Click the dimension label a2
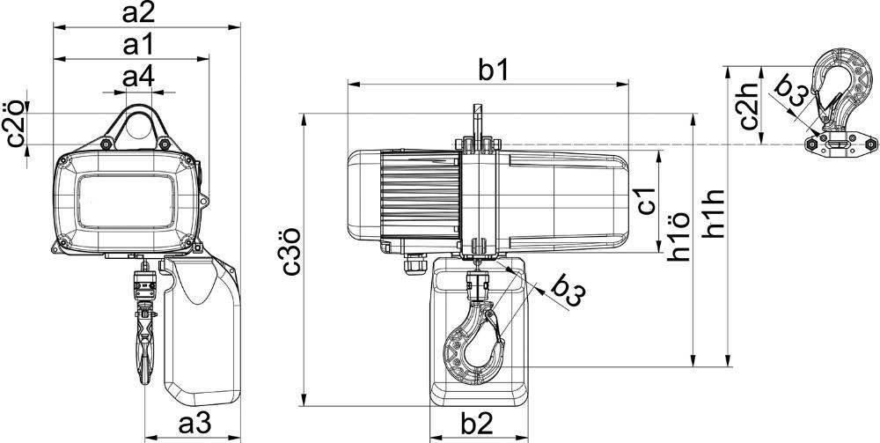pyautogui.click(x=138, y=13)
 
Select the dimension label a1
pyautogui.click(x=138, y=46)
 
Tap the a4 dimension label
pyautogui.click(x=138, y=78)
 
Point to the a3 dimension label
pyautogui.click(x=194, y=425)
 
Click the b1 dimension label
pyautogui.click(x=493, y=71)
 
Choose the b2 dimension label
pyautogui.click(x=477, y=425)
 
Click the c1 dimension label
pyautogui.click(x=647, y=201)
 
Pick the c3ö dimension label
pyautogui.click(x=291, y=252)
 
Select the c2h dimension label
pyautogui.click(x=749, y=107)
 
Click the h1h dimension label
pyautogui.click(x=715, y=214)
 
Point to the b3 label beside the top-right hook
pyautogui.click(x=791, y=92)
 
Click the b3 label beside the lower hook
pyautogui.click(x=568, y=291)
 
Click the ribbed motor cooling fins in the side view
pyautogui.click(x=421, y=191)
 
